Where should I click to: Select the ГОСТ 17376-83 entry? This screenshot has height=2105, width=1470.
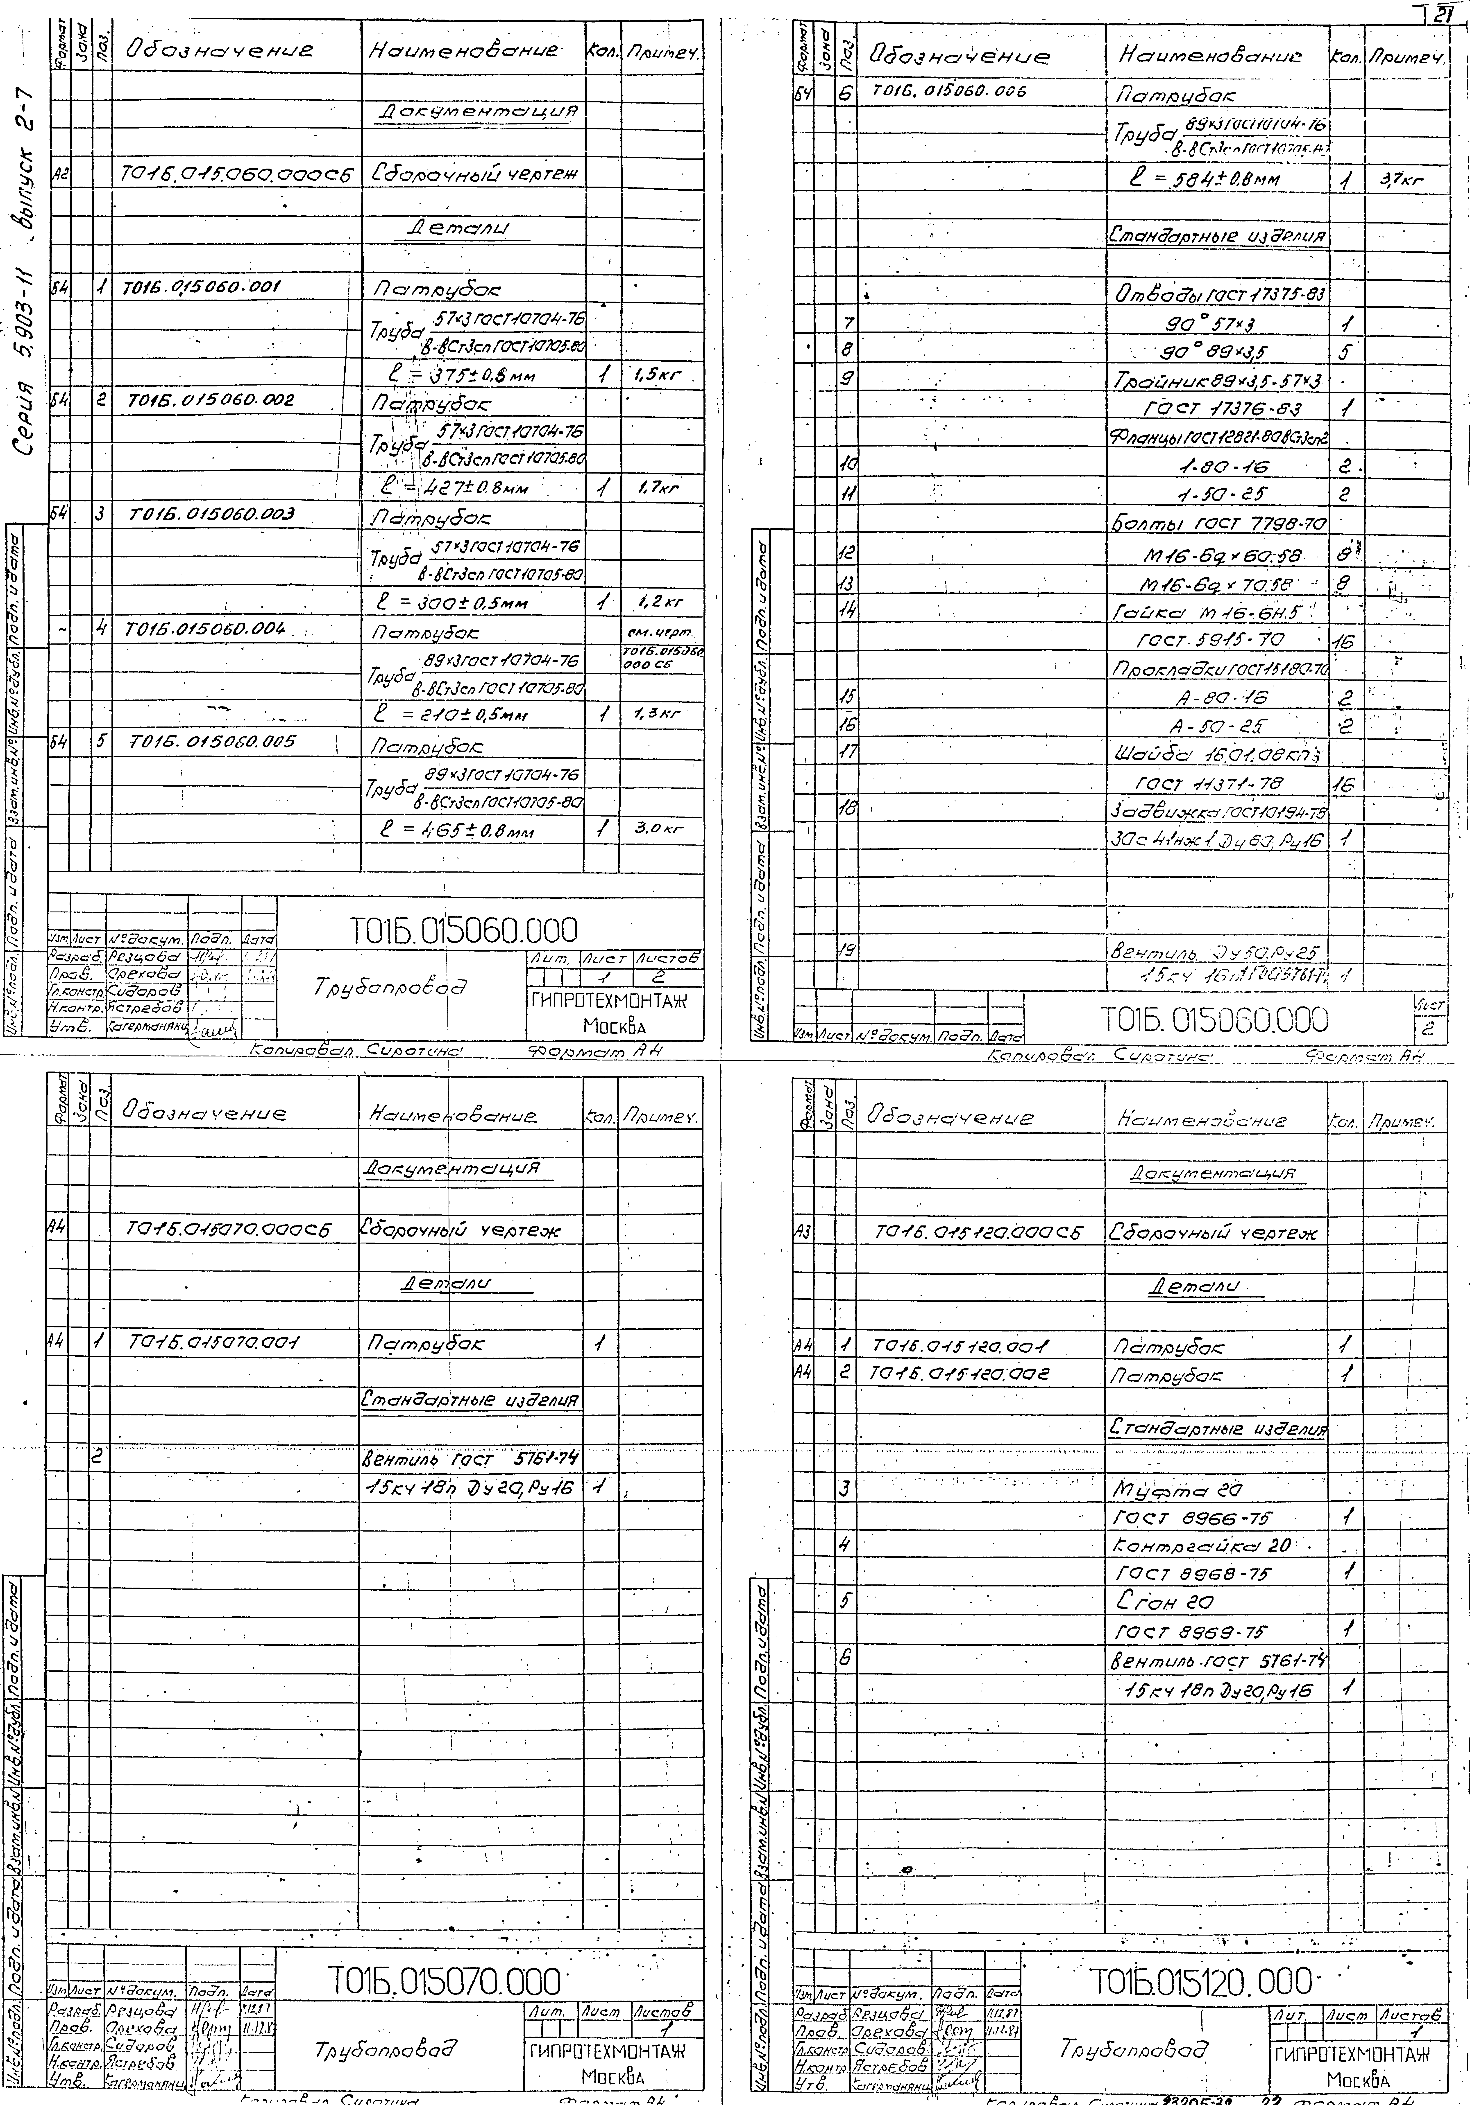coord(1215,408)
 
